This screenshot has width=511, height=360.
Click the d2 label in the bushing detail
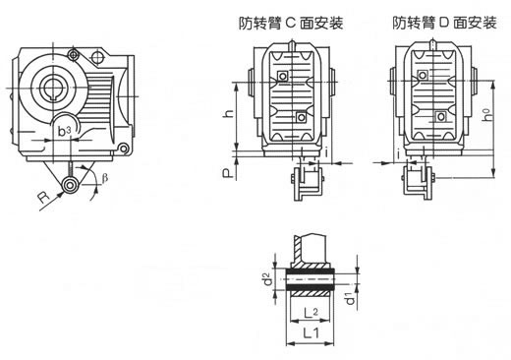pyautogui.click(x=267, y=279)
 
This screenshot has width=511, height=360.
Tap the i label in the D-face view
pyautogui.click(x=392, y=152)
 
